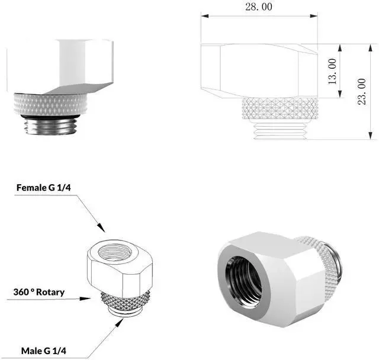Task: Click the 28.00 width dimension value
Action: [x=259, y=7]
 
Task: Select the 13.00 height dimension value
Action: [x=332, y=71]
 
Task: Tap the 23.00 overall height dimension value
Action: [x=362, y=91]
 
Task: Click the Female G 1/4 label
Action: [x=43, y=188]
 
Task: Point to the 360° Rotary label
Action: [x=39, y=292]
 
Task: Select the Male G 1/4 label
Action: [x=43, y=351]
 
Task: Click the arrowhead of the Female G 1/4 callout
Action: [x=101, y=227]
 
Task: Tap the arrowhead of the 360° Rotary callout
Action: [x=85, y=298]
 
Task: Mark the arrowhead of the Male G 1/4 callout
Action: [x=120, y=323]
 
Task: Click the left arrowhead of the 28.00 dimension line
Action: [x=205, y=16]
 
